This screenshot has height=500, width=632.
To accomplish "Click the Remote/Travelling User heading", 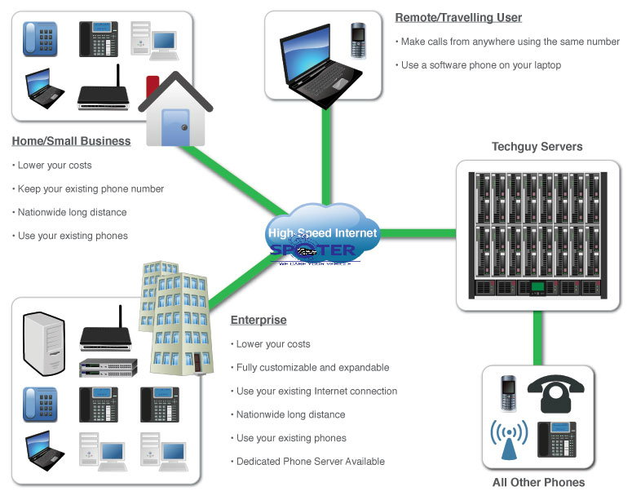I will click(x=458, y=17).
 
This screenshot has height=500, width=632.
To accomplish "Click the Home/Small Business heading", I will click(x=71, y=141).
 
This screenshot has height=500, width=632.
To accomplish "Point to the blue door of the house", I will click(x=174, y=127).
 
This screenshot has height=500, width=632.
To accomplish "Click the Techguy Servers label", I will click(x=537, y=147).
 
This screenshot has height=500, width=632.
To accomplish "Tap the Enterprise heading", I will click(x=259, y=320).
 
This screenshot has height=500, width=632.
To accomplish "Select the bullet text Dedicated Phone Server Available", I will click(x=310, y=462).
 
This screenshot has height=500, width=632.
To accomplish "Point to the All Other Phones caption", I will click(x=538, y=482).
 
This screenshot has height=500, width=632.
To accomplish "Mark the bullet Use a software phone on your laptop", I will click(x=481, y=65).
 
